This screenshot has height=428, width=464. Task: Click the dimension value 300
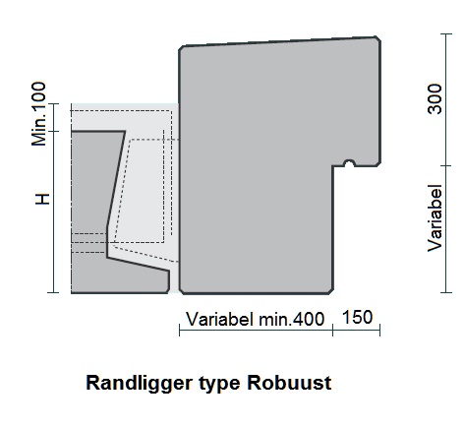(435, 98)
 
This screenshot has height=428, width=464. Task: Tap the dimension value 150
(357, 317)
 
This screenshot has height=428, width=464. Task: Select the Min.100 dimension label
(38, 114)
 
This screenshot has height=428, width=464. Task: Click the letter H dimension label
(42, 199)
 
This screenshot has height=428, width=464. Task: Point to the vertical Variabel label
(435, 218)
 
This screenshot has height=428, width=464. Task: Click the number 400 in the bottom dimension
(309, 319)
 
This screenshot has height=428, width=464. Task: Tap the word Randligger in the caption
(139, 383)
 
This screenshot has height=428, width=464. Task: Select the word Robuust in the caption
(289, 383)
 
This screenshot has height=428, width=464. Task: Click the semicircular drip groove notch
(349, 163)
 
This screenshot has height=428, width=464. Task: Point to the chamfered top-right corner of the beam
(377, 38)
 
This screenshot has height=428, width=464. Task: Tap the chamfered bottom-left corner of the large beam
(181, 291)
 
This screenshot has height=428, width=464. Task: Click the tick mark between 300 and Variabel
(446, 165)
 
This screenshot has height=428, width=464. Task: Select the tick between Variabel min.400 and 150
(333, 330)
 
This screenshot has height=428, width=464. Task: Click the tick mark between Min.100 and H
(53, 132)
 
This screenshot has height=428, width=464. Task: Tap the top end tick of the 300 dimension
(446, 33)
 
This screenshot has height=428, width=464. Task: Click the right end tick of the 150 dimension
(379, 330)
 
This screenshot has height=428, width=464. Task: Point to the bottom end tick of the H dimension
(53, 292)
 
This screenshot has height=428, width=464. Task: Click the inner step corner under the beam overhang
(333, 166)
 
